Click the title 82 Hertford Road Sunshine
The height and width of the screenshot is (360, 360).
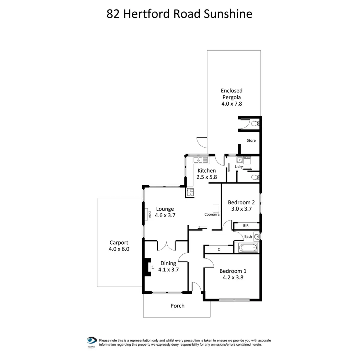coord(179,14)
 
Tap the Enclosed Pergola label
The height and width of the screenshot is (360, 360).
coord(232,94)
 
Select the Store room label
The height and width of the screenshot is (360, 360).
coord(251,140)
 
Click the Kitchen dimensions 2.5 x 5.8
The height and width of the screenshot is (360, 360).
coord(207,177)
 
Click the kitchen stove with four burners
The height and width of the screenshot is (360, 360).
coord(190,192)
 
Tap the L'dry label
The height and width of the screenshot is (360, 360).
coord(239,167)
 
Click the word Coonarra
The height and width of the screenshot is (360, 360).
coord(212,214)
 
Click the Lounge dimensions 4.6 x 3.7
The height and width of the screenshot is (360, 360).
coord(165,215)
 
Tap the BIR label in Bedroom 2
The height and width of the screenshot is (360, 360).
coord(246,226)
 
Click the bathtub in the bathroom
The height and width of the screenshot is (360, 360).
coord(248,248)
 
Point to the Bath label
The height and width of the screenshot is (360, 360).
coord(248,237)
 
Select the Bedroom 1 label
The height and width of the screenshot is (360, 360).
coord(233,271)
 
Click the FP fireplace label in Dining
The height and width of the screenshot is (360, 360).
coord(153,267)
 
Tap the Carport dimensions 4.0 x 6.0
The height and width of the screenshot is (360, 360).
coord(119,249)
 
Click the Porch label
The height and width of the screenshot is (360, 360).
coord(177,306)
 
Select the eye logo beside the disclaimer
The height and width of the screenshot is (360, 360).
coord(91,340)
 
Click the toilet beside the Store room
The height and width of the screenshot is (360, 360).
coord(256,124)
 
